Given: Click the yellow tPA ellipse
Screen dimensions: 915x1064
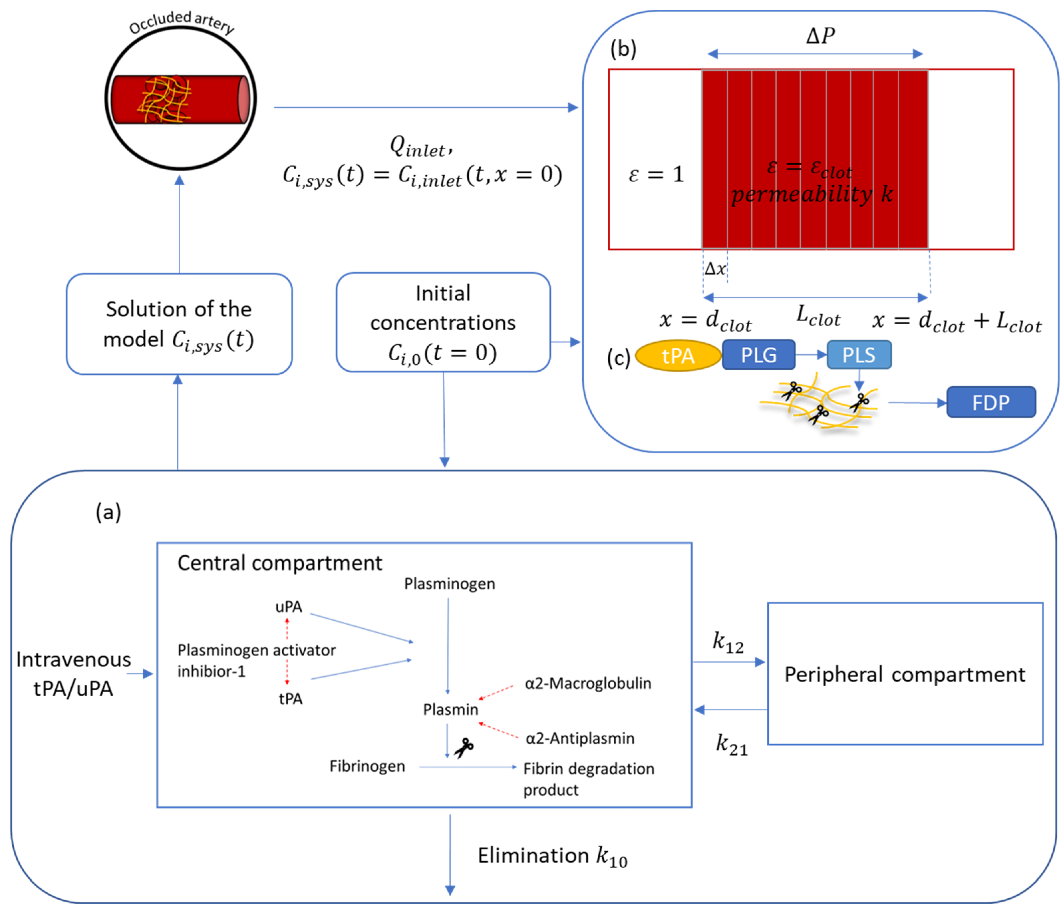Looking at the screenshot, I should point(678,356).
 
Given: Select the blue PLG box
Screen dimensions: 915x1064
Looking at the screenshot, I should point(758,355).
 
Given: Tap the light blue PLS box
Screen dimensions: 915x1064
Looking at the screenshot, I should point(859,355).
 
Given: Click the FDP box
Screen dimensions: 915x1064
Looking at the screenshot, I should point(991,402).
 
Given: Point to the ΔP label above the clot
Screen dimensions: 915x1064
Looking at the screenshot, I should point(820,36).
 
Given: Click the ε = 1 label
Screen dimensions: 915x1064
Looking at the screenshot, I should point(656,174).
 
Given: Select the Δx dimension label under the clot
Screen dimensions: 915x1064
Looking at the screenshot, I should point(715,268).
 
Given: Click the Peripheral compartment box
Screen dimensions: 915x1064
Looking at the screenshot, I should point(905,674).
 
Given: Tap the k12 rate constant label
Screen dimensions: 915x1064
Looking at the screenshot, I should point(728,643).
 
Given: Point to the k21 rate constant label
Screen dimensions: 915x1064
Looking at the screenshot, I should point(731,745).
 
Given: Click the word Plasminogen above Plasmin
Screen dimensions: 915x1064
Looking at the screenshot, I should point(449,584).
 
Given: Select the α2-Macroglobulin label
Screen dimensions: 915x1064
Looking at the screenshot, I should point(588,684).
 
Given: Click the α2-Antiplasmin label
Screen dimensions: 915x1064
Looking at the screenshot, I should point(580,738).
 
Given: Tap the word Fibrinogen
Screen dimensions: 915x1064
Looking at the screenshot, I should point(367,766).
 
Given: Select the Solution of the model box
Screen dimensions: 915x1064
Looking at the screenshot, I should point(179,324).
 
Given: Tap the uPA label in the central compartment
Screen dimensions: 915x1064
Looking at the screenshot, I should point(289,607).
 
